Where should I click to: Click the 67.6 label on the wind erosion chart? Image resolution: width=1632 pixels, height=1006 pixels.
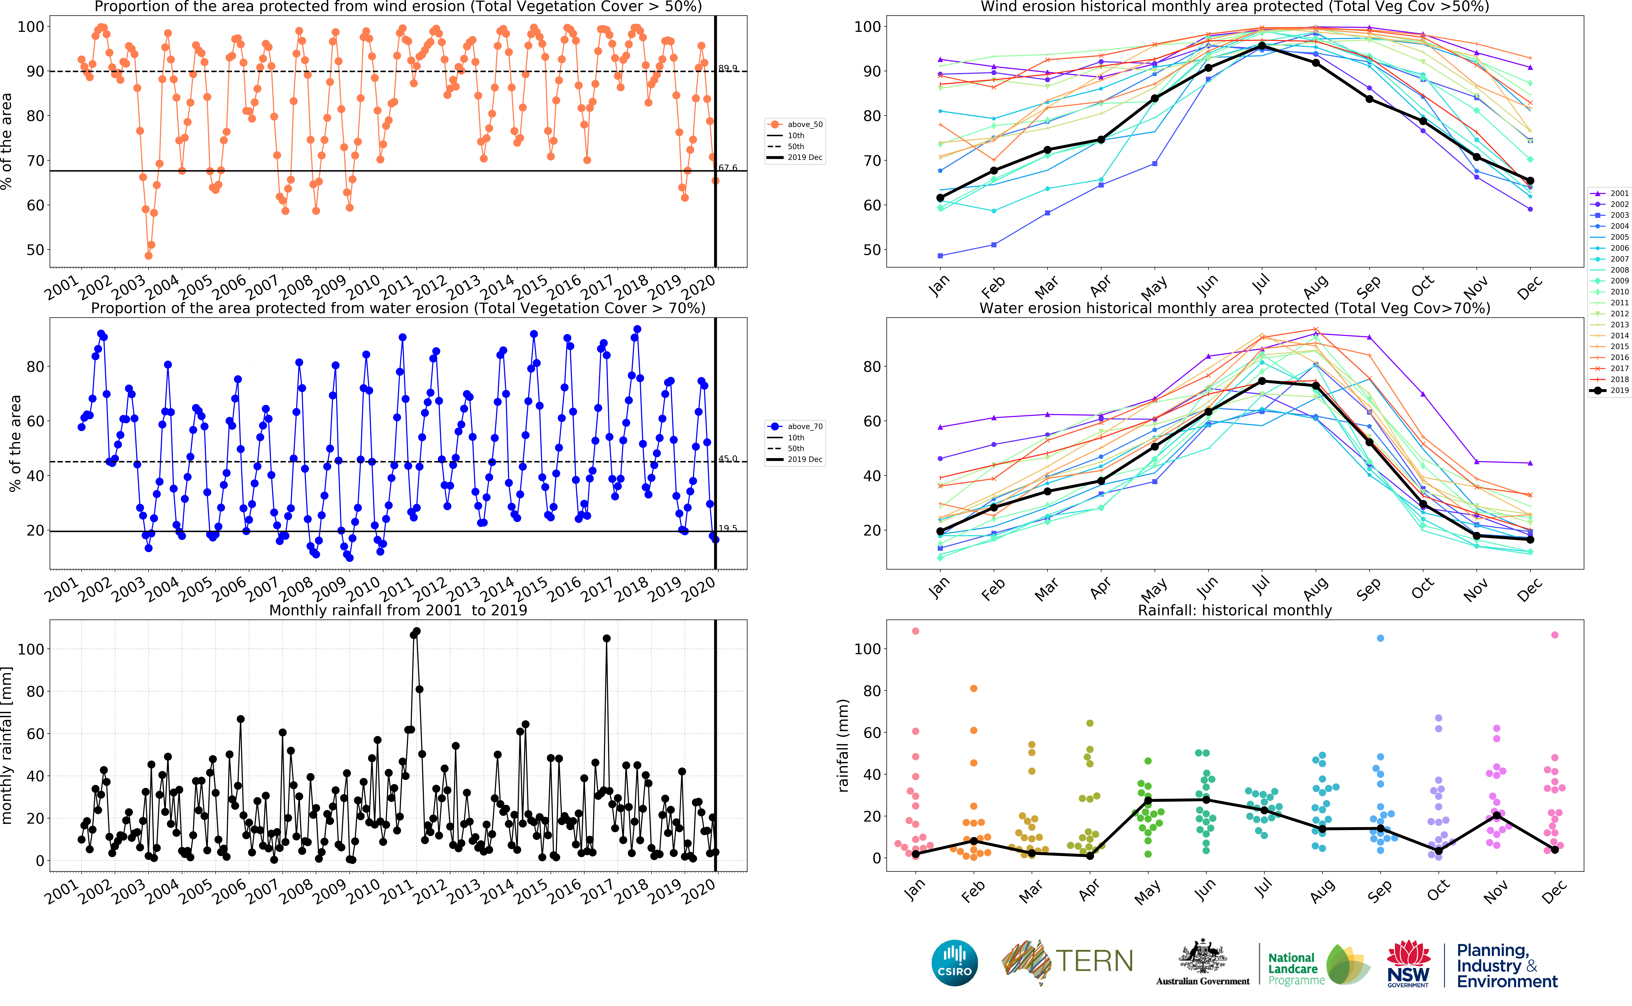click(x=728, y=168)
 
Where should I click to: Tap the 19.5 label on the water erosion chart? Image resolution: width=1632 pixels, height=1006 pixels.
click(x=728, y=528)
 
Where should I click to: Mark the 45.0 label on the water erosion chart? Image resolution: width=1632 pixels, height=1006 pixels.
click(x=728, y=459)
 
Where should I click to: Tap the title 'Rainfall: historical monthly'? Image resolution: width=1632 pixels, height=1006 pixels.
click(x=1235, y=610)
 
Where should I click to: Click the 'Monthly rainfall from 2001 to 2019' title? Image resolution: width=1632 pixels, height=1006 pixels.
click(x=398, y=610)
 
